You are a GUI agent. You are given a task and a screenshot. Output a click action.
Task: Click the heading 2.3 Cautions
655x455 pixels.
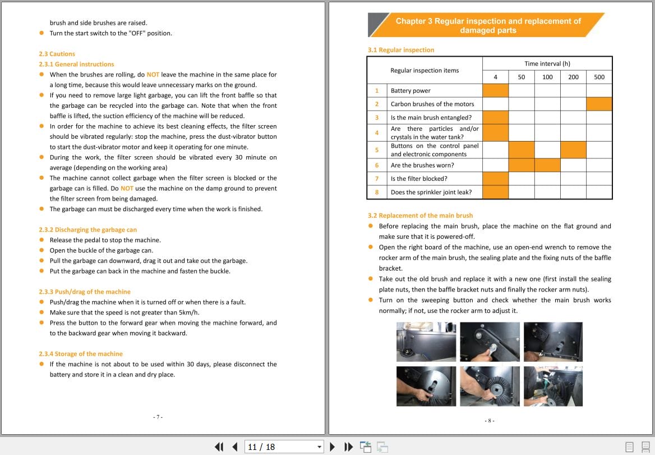click(57, 54)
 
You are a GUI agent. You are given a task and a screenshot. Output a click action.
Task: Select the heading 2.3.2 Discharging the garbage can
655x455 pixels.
click(87, 230)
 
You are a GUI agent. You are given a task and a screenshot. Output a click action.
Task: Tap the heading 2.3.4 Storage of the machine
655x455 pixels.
click(80, 354)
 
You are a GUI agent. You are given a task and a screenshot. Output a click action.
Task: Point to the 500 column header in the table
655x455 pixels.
click(599, 77)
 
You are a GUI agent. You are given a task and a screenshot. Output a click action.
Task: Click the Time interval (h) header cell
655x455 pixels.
click(547, 63)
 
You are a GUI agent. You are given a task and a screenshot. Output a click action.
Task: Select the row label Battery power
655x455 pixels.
click(410, 90)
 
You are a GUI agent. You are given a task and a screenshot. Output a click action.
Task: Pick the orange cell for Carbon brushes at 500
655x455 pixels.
click(599, 104)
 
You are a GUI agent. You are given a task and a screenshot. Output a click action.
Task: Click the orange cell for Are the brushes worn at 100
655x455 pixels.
click(547, 165)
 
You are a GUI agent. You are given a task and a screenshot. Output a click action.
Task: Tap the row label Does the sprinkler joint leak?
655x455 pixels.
click(431, 192)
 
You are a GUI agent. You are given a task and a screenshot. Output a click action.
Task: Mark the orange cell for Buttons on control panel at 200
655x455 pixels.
click(573, 149)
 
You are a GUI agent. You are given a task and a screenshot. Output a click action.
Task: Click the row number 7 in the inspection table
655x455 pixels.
click(377, 179)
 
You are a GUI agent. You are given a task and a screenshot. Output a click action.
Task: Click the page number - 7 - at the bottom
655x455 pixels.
click(158, 417)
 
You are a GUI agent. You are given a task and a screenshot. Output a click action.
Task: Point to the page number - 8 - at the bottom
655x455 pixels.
click(489, 420)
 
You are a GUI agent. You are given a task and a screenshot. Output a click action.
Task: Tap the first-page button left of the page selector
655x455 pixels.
click(219, 447)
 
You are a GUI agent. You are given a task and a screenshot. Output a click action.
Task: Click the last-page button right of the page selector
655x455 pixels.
click(349, 447)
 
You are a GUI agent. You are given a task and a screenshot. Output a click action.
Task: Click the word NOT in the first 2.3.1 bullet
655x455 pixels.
click(153, 75)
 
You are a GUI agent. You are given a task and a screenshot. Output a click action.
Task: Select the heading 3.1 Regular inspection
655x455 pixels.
click(400, 50)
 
